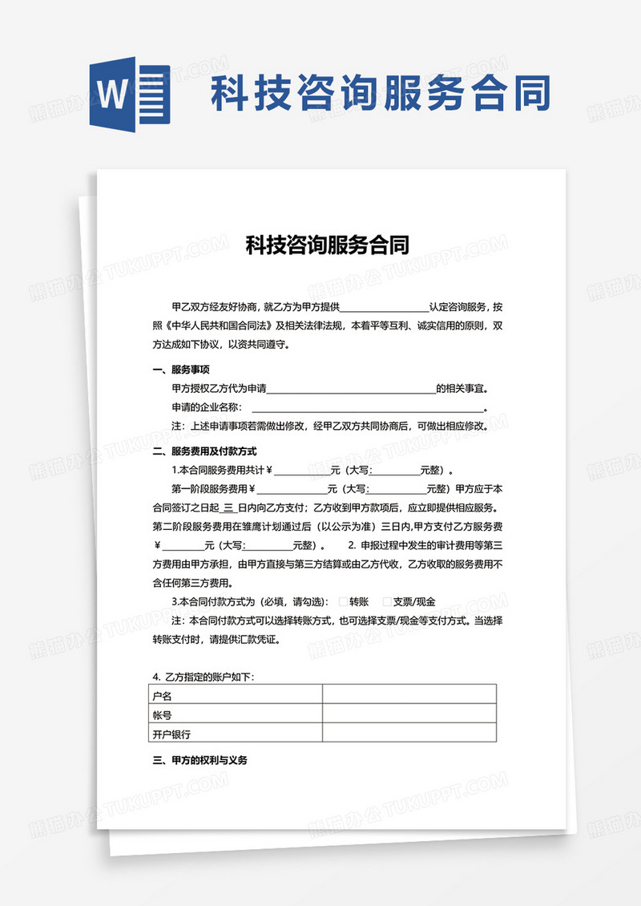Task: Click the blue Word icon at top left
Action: click(x=127, y=95)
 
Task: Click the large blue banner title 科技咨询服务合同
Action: click(x=381, y=93)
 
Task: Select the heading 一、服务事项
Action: click(x=181, y=370)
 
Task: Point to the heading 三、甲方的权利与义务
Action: click(x=200, y=760)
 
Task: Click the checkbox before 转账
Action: click(x=343, y=601)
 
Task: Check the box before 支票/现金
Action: click(x=387, y=601)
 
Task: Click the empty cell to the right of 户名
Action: click(x=409, y=694)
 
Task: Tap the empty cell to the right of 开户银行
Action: click(x=409, y=733)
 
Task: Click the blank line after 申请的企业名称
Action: click(x=369, y=408)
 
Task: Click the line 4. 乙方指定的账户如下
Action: click(x=204, y=677)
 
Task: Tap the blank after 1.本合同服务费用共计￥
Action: click(x=301, y=470)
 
